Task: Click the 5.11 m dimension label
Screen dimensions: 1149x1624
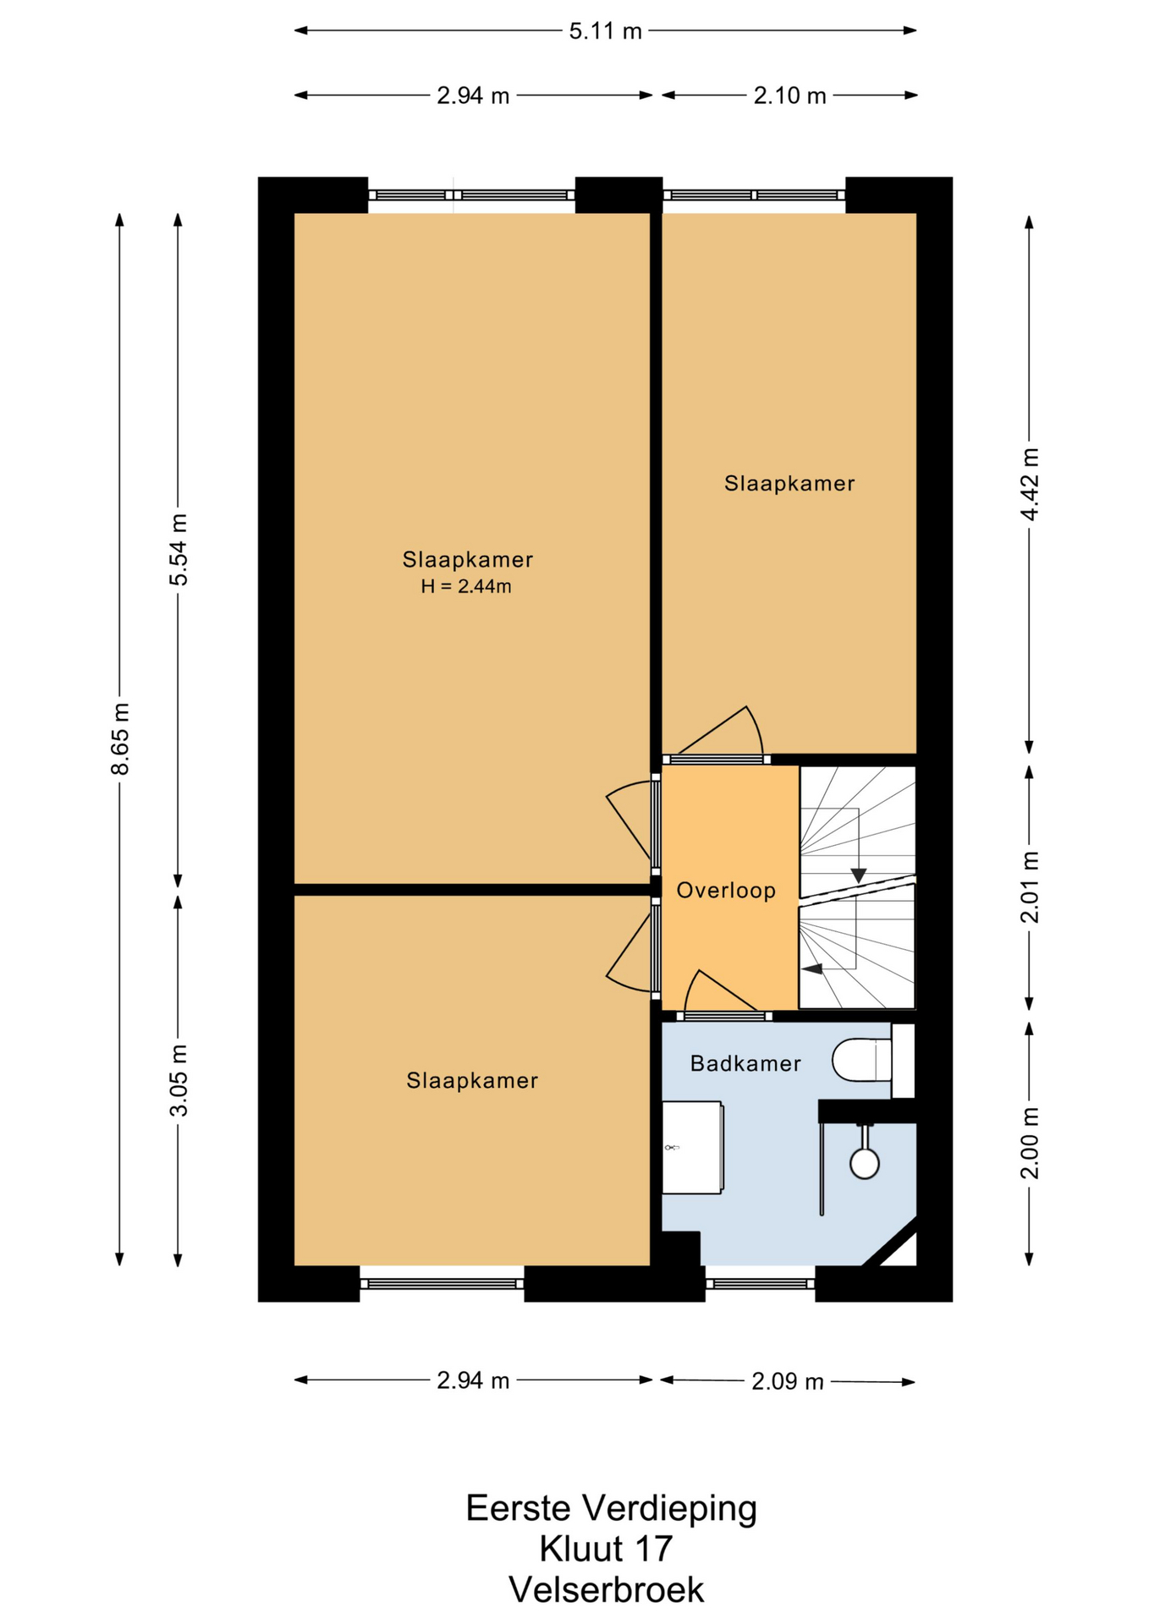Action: click(605, 31)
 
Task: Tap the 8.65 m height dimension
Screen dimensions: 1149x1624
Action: click(120, 738)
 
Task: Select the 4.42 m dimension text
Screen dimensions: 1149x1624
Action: click(1029, 485)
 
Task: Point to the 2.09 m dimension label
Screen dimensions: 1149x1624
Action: click(787, 1381)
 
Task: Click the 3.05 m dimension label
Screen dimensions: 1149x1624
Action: click(179, 1080)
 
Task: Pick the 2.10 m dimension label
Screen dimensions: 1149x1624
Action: click(789, 96)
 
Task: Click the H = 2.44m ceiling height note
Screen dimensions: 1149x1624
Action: click(466, 586)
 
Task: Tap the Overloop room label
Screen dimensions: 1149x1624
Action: click(726, 890)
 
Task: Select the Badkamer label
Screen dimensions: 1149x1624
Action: click(745, 1063)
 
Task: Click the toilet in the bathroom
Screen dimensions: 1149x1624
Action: click(862, 1060)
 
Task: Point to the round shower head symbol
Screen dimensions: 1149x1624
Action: click(865, 1164)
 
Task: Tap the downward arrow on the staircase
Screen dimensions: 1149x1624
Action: click(858, 875)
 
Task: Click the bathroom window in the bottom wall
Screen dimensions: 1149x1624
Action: click(760, 1283)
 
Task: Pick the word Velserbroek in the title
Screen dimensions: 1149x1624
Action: click(606, 1589)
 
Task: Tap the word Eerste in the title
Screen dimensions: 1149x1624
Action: click(519, 1508)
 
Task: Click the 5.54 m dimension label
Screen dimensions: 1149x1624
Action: click(179, 550)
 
